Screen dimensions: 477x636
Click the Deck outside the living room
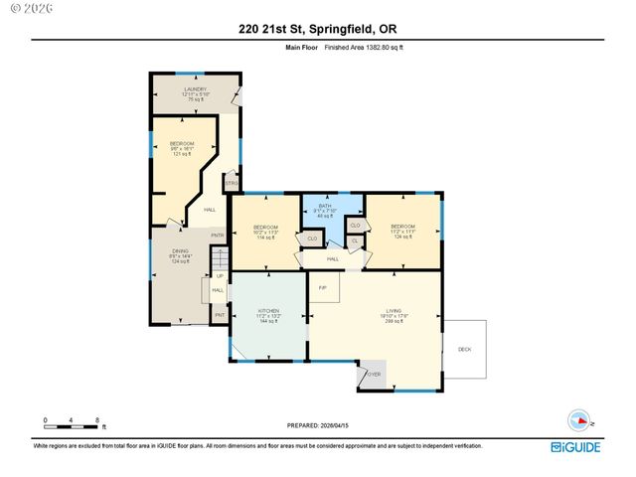click(465, 349)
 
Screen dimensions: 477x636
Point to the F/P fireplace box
click(323, 287)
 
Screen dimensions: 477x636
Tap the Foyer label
click(374, 374)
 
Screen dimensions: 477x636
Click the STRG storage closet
click(231, 184)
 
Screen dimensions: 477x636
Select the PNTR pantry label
click(217, 236)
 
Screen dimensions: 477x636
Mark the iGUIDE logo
click(575, 447)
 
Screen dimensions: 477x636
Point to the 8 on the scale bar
click(96, 419)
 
